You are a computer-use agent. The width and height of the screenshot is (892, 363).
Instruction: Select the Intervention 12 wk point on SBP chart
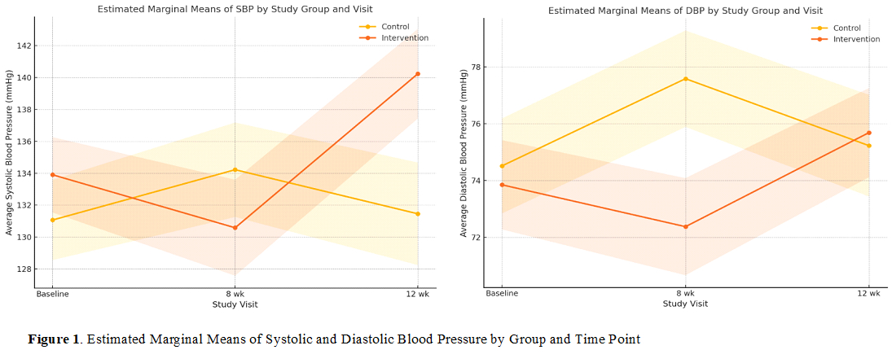click(418, 74)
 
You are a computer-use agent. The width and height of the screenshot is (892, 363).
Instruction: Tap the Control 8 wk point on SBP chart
click(235, 169)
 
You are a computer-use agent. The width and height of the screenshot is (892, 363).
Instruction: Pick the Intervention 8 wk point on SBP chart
click(235, 228)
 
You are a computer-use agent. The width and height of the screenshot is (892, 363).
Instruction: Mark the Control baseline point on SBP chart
click(52, 220)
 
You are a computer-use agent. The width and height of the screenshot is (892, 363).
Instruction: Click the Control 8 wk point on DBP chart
click(686, 79)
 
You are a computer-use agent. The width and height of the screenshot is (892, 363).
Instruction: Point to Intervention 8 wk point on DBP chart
click(686, 226)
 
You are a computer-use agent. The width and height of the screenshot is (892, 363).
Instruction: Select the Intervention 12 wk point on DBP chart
click(869, 133)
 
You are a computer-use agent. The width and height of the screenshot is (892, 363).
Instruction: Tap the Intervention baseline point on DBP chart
click(503, 185)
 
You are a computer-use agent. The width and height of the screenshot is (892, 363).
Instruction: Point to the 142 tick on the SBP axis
click(24, 46)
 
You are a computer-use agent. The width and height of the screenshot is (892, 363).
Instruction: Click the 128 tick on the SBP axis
click(24, 269)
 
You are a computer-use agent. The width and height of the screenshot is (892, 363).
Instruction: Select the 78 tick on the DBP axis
click(477, 67)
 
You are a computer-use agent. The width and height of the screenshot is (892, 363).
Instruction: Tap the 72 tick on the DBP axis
click(477, 238)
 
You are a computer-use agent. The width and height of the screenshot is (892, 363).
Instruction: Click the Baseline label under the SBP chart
click(52, 293)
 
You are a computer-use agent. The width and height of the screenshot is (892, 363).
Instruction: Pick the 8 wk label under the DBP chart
click(686, 293)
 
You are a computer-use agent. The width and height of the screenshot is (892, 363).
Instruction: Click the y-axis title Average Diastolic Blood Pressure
click(464, 153)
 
